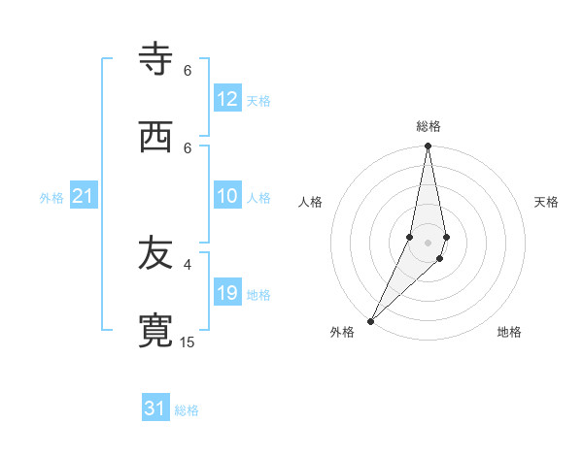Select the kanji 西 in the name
[156, 137]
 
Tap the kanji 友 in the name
[156, 253]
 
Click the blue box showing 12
[227, 99]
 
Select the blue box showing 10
[227, 196]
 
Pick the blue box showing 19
[227, 293]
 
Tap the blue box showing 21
[84, 196]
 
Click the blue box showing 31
[155, 408]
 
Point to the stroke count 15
[188, 342]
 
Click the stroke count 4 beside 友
[188, 264]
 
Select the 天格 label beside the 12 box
[258, 101]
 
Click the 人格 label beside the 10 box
[258, 198]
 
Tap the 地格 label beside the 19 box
[258, 295]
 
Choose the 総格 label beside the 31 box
[187, 410]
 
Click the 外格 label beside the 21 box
[51, 198]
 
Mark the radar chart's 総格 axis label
[429, 126]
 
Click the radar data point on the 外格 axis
[370, 320]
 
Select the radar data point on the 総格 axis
[428, 147]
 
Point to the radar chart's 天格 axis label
[547, 202]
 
